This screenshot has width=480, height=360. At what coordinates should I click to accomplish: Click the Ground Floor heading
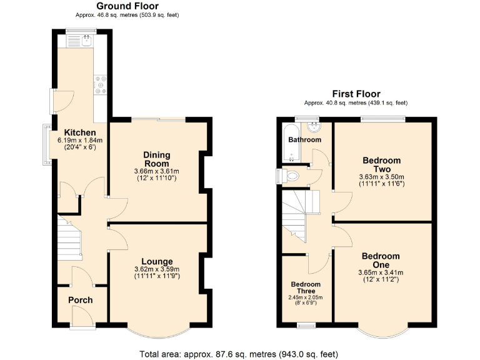(127, 6)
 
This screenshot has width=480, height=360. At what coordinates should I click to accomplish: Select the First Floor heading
(356, 94)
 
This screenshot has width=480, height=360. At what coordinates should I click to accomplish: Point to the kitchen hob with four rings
(101, 85)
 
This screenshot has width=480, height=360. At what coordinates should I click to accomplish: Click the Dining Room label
(156, 159)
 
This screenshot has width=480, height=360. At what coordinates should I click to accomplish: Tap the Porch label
(80, 300)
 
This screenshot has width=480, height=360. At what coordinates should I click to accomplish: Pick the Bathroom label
(304, 140)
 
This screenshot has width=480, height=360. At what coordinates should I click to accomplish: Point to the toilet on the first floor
(292, 176)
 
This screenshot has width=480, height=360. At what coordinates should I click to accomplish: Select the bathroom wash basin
(316, 127)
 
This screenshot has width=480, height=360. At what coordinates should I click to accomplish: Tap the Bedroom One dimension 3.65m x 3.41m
(381, 272)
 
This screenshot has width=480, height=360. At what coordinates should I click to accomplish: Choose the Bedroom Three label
(306, 288)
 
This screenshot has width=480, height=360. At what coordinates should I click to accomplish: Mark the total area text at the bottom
(240, 353)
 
